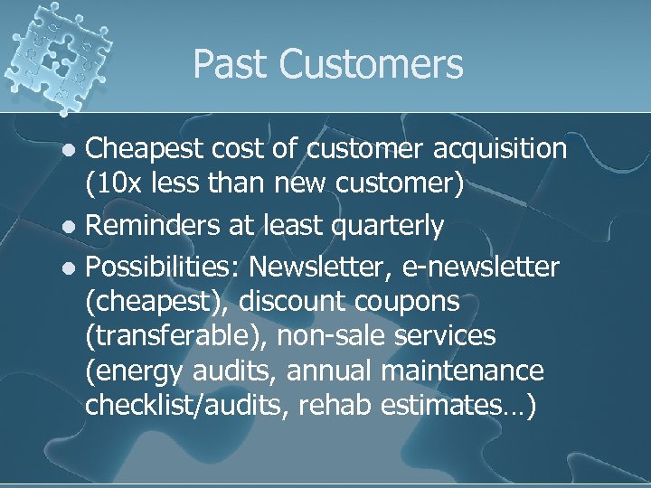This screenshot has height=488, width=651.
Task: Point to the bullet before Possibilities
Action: coord(73,268)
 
